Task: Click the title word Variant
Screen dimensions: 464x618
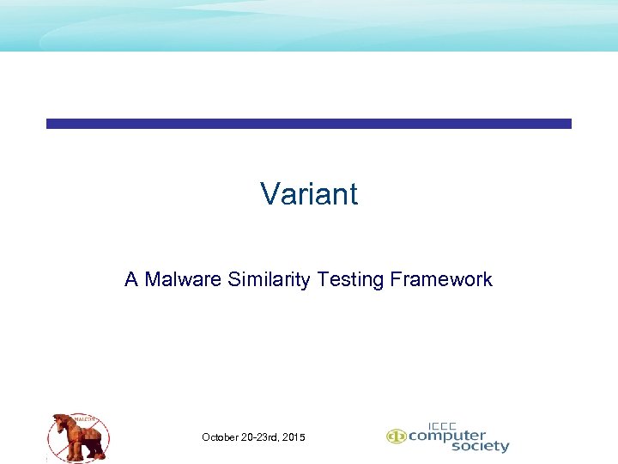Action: point(309,194)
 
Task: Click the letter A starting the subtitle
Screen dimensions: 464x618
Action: point(131,279)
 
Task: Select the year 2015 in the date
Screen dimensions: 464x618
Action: point(293,438)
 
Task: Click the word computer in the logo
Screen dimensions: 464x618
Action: point(446,436)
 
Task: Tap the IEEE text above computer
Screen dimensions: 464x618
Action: point(442,424)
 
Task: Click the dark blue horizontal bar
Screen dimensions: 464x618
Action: point(309,124)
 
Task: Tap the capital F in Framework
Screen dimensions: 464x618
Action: point(396,279)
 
